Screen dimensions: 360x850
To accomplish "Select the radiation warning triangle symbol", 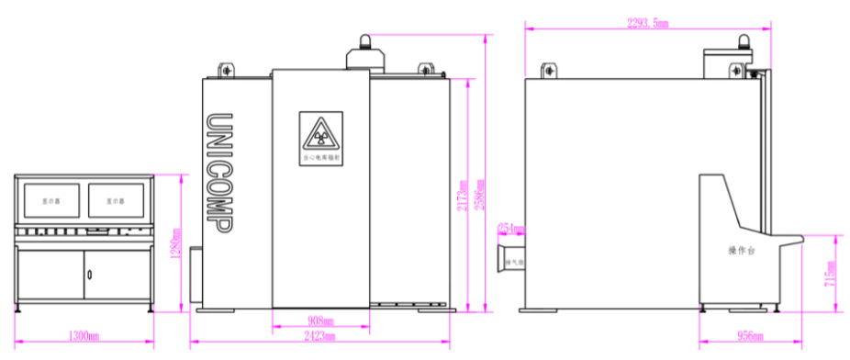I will click(x=320, y=137).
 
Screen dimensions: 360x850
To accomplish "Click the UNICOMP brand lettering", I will click(x=218, y=174).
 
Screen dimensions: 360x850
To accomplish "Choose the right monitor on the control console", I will click(x=115, y=199).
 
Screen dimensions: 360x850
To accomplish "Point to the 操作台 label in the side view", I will click(x=740, y=250).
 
